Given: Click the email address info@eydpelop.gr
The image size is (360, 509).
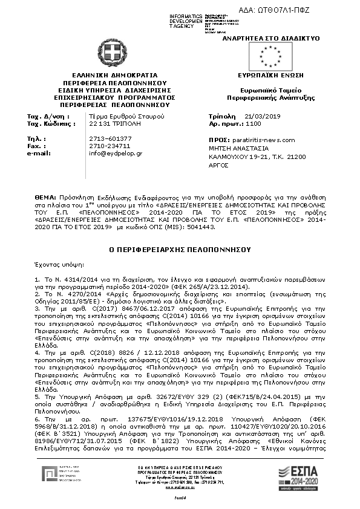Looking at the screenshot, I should tap(116, 154).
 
